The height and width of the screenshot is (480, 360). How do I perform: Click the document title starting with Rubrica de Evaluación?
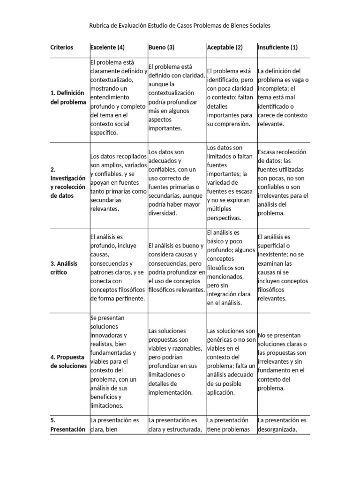coord(180,25)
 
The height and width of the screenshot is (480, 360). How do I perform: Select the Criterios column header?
coord(61,47)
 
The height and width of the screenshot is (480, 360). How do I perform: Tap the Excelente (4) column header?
coord(107,47)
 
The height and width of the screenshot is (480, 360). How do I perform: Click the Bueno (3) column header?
coord(161,47)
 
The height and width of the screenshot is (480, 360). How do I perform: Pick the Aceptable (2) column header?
coord(225,47)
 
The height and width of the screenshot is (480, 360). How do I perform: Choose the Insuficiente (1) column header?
coord(277,47)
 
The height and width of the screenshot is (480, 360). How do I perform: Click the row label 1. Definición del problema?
coord(68,97)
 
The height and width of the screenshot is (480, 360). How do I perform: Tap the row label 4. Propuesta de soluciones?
coord(68,361)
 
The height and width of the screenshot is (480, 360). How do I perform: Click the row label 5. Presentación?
coord(68,424)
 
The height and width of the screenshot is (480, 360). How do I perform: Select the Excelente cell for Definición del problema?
coord(118,97)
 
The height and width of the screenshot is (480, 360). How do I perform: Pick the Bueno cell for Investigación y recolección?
coord(176,182)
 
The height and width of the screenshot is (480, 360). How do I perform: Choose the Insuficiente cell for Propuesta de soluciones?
coord(282,362)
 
